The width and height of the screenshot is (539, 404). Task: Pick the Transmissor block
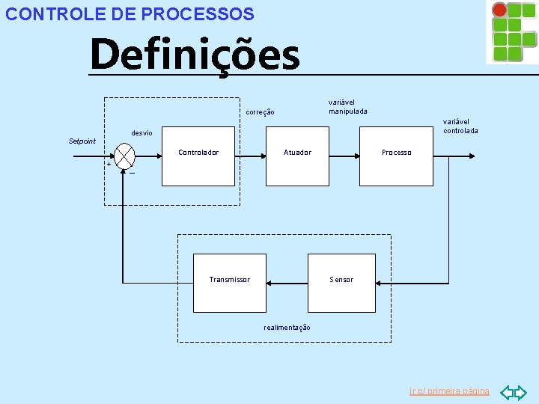[230, 282]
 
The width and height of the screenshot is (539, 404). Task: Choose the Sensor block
[341, 282]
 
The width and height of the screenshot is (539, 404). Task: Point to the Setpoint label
[82, 141]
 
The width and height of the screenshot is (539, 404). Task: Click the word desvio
[142, 133]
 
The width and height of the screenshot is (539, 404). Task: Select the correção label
[261, 113]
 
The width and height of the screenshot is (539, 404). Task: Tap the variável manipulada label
[348, 107]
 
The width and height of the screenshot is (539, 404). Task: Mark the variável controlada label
[460, 126]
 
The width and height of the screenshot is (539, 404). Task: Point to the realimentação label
[287, 328]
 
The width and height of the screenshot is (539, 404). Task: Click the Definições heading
[195, 55]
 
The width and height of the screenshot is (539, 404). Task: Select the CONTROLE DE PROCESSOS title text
[130, 13]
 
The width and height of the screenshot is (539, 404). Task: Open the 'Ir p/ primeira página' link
[449, 391]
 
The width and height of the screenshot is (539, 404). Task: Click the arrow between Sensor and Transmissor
[289, 283]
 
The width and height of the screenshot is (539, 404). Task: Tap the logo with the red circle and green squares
[511, 32]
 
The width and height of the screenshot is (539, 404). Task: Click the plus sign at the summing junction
[109, 164]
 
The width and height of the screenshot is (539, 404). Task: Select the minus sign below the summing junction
[132, 174]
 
